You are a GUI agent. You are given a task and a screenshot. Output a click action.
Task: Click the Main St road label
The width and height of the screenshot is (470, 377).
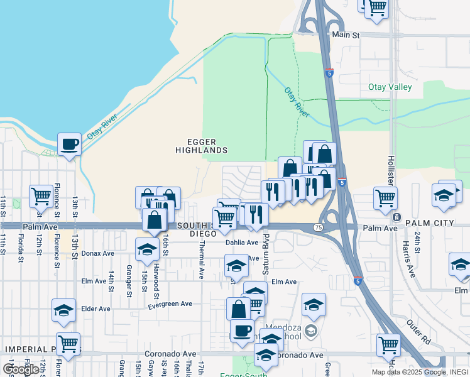(346, 36)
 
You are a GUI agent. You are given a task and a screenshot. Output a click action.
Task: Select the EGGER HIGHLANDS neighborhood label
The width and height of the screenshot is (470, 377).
(201, 146)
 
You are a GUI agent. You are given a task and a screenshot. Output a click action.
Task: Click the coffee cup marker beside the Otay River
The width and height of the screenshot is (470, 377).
(69, 145)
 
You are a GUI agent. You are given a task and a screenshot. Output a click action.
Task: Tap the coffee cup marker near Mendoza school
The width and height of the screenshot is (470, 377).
(242, 330)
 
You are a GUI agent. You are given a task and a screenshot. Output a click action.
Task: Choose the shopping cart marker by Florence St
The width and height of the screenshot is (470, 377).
(41, 196)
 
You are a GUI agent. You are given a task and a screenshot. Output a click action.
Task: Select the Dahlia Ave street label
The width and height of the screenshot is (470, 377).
(243, 243)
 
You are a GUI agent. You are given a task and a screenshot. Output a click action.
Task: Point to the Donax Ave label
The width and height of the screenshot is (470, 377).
(97, 254)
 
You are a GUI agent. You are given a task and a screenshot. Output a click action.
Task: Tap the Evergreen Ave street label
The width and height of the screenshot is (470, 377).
(170, 303)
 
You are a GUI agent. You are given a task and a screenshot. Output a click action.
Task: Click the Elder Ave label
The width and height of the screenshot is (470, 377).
(96, 309)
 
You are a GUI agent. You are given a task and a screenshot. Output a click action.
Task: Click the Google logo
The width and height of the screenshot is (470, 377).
(21, 369)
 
